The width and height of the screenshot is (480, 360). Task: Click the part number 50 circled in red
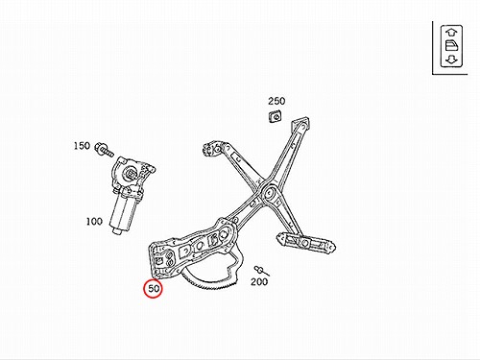tap(154, 288)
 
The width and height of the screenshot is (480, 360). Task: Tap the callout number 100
tap(94, 221)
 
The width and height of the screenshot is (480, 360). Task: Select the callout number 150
tap(82, 146)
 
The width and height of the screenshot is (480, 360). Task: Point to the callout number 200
tap(259, 282)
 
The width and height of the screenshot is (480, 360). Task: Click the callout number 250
tap(276, 101)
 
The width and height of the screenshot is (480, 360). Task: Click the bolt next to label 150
tap(104, 149)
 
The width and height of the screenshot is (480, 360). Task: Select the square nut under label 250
tap(276, 116)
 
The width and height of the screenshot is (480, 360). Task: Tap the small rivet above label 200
tap(261, 271)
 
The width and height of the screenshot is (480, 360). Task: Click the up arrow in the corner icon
tap(451, 33)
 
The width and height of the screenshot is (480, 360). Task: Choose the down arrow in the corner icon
tap(451, 60)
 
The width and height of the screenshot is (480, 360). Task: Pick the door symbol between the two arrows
tap(451, 46)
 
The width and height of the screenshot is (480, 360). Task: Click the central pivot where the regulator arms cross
tap(268, 193)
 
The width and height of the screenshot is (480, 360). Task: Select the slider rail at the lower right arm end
tap(306, 243)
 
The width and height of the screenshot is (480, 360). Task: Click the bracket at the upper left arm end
tap(212, 149)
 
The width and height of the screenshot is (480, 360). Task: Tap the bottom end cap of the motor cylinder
tap(117, 231)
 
